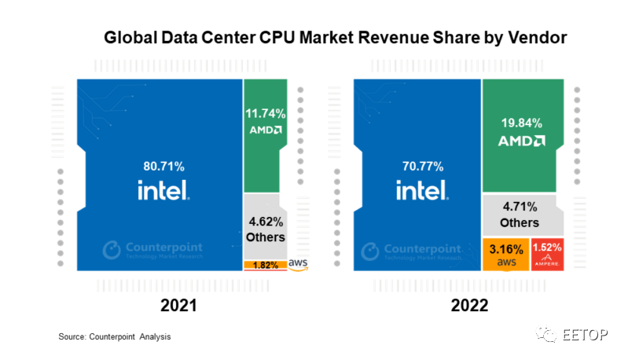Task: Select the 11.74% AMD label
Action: [x=265, y=114]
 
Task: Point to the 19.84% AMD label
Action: [x=522, y=123]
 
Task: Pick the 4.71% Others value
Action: [x=522, y=207]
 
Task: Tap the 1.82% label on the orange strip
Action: [x=265, y=265]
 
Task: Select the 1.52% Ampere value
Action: [x=548, y=248]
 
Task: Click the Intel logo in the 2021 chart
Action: [x=163, y=189]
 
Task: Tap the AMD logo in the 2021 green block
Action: [x=265, y=130]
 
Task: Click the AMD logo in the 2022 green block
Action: [x=522, y=142]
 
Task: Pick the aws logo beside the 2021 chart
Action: [x=299, y=263]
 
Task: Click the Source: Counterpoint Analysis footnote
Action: [x=115, y=336]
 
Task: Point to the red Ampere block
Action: [x=548, y=254]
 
